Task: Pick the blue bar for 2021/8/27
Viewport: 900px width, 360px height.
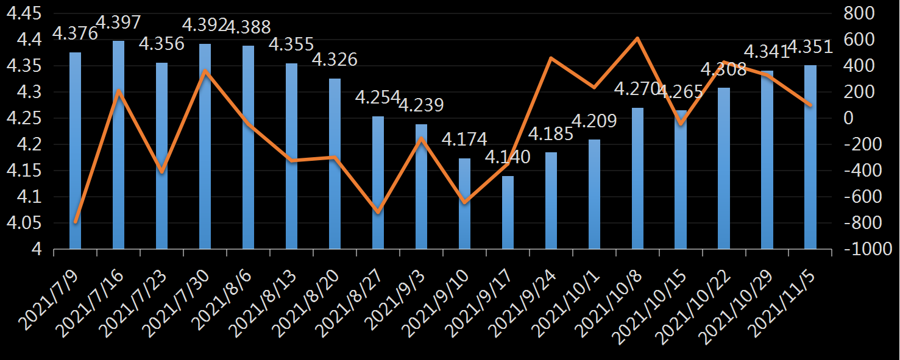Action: pos(378,183)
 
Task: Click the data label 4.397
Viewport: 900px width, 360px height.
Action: pos(119,23)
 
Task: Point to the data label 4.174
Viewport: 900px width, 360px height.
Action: pos(464,139)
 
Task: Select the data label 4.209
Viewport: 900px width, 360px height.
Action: pos(594,121)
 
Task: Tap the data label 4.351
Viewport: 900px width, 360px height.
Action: pos(810,47)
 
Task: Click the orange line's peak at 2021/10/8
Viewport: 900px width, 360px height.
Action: pos(637,38)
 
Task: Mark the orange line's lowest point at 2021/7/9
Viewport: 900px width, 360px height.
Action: pos(76,222)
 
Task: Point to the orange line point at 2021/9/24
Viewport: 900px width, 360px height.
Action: pos(551,58)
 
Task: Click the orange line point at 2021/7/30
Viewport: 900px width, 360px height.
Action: pos(205,71)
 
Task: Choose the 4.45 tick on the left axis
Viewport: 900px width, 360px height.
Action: pos(24,13)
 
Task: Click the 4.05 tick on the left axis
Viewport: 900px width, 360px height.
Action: pos(24,224)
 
